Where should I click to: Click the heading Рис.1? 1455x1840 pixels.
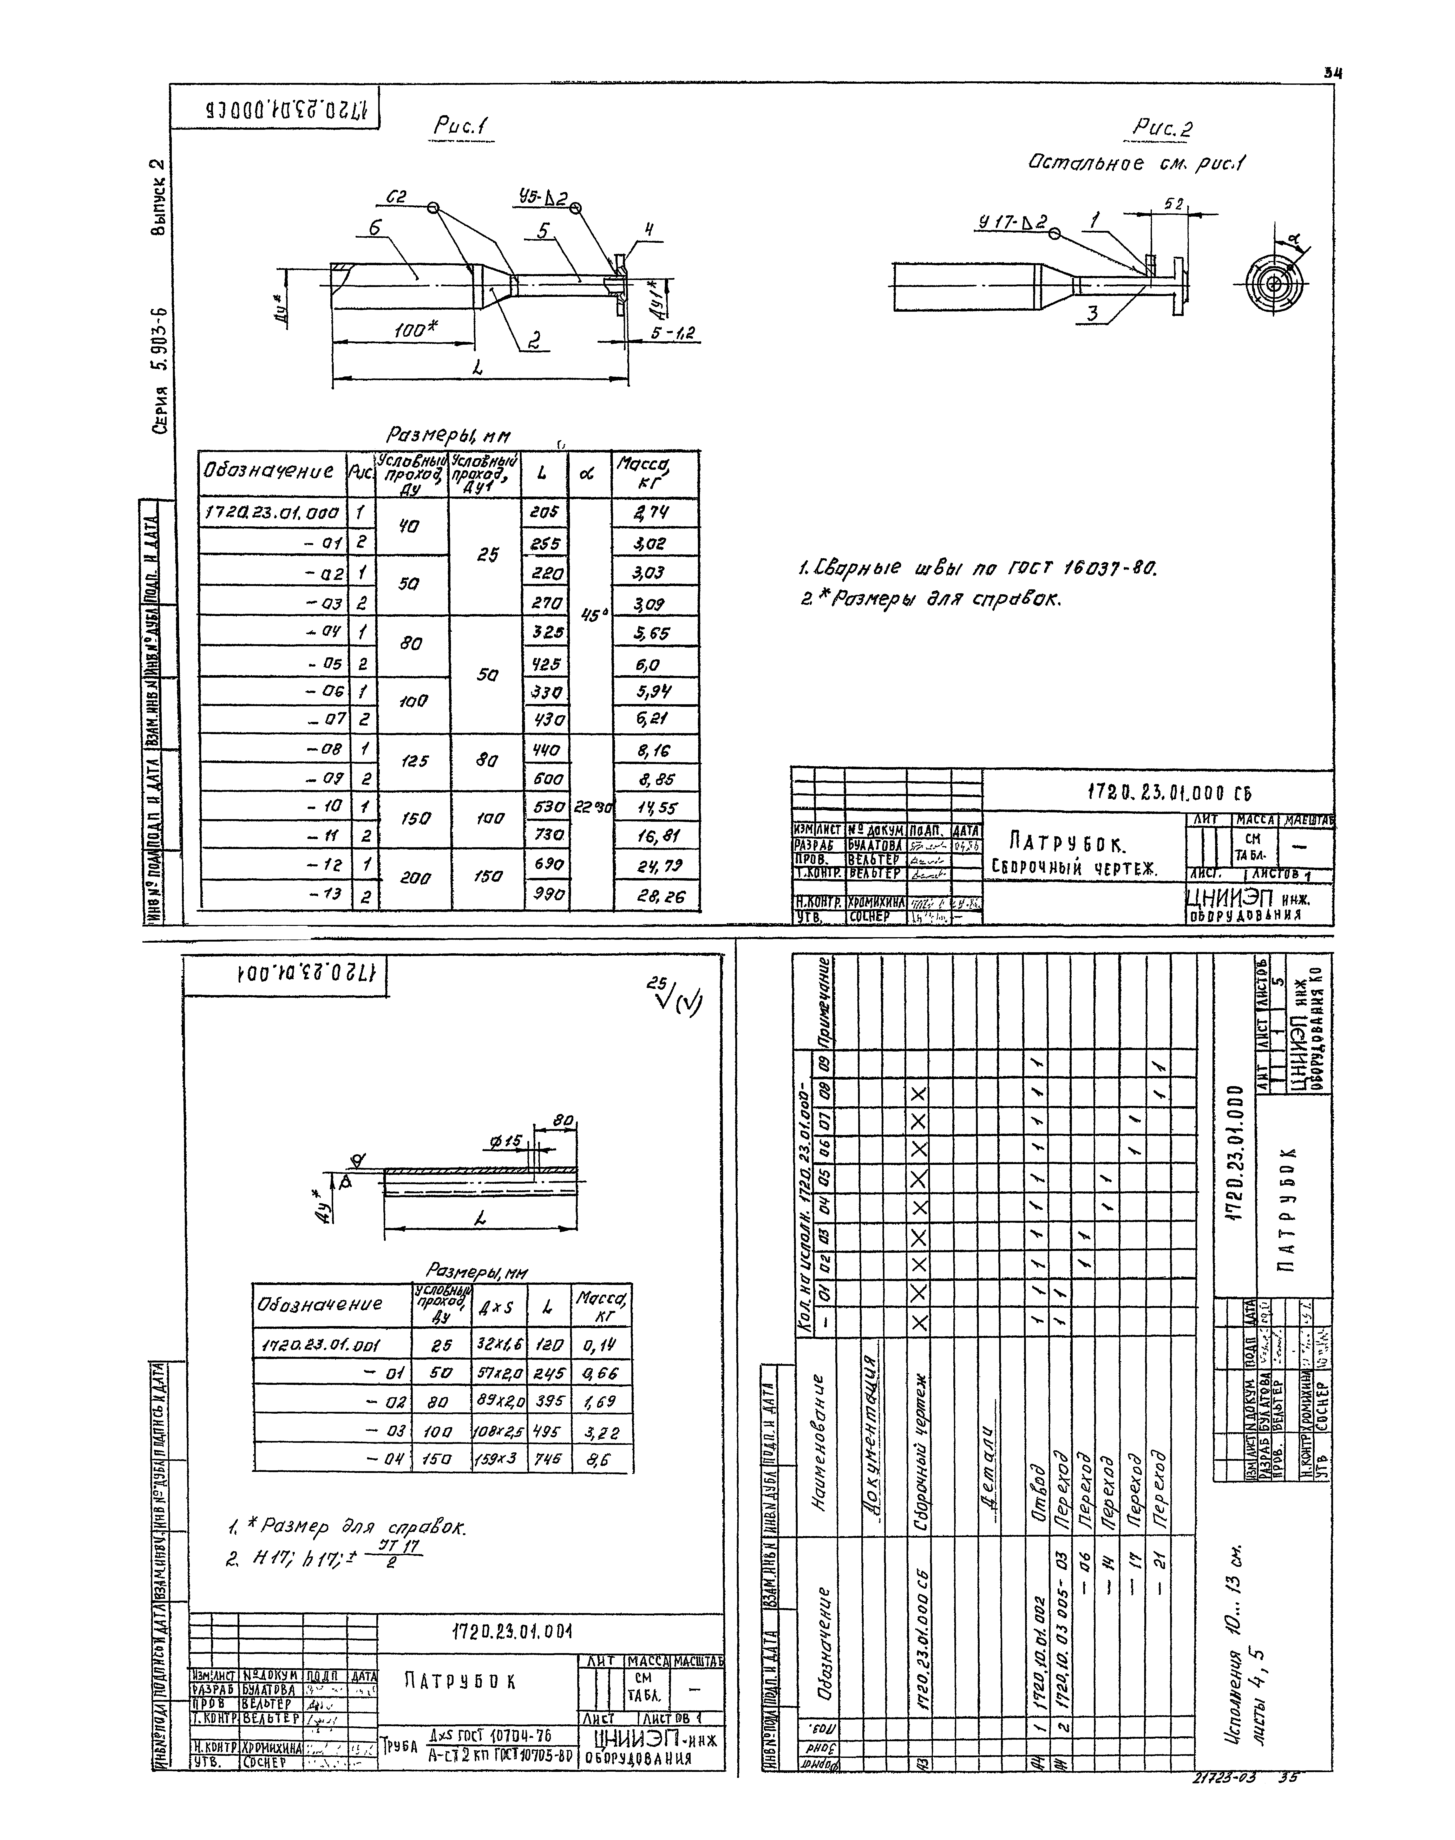pyautogui.click(x=458, y=126)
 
